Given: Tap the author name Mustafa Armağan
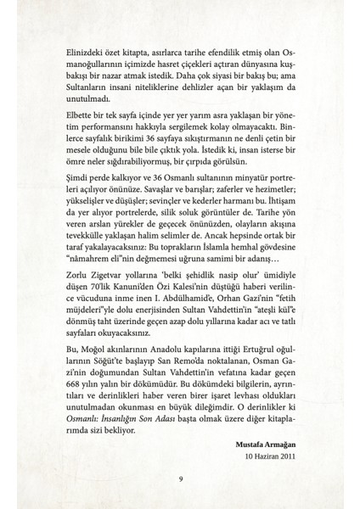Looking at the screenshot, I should [x=263, y=444].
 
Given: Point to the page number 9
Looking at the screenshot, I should [x=180, y=480].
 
